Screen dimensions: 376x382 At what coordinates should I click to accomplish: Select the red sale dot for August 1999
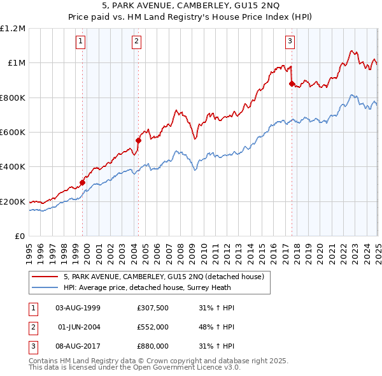click(x=82, y=183)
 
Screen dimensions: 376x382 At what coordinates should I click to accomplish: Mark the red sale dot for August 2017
click(x=292, y=83)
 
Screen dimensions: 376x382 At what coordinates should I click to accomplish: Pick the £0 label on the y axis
click(x=21, y=236)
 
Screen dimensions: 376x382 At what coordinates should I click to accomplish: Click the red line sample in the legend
click(x=45, y=277)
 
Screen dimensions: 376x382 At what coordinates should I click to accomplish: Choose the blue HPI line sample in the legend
click(x=45, y=287)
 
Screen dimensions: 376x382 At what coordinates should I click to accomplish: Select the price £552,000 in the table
click(x=152, y=327)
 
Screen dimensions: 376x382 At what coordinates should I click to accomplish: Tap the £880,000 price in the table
click(x=152, y=346)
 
